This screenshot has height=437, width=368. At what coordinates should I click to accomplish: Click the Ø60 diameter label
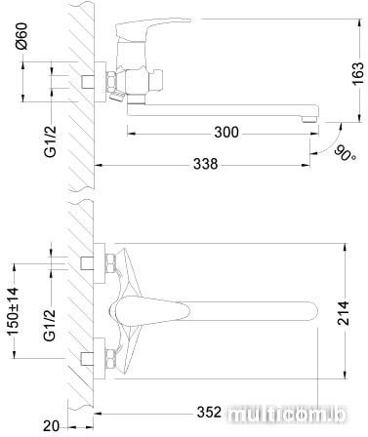tap(21, 36)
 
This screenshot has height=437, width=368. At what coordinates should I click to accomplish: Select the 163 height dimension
tap(358, 73)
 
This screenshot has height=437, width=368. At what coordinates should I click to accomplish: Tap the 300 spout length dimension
tap(226, 133)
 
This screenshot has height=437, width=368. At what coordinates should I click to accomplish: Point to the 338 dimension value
tap(205, 164)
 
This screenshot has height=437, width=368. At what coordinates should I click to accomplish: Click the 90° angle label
tap(345, 153)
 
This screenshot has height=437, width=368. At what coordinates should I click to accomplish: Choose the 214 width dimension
tap(343, 313)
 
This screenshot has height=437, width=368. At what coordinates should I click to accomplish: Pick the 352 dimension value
tap(209, 413)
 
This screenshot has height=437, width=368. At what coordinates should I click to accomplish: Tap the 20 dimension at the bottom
tap(52, 426)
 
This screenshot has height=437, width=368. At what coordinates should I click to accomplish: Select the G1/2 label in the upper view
tap(51, 141)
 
